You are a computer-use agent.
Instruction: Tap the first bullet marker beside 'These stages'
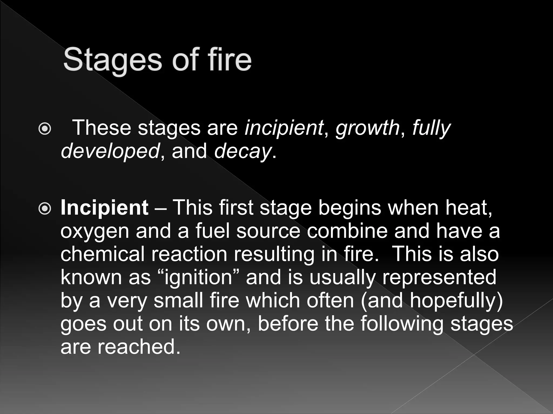pyautogui.click(x=44, y=129)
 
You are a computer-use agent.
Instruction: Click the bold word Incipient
pyautogui.click(x=104, y=208)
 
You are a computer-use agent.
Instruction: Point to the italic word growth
pyautogui.click(x=367, y=128)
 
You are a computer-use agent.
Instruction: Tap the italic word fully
pyautogui.click(x=431, y=128)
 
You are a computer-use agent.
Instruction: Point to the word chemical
pyautogui.click(x=103, y=254)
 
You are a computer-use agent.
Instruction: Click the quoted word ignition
pyautogui.click(x=198, y=278)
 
